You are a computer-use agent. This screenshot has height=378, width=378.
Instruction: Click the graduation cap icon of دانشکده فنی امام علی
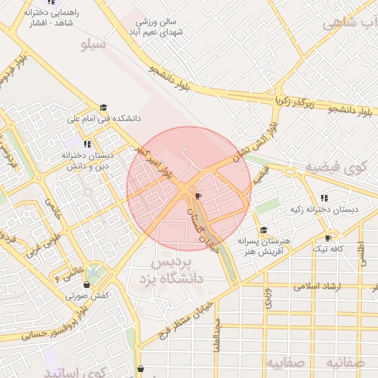pyautogui.click(x=104, y=108)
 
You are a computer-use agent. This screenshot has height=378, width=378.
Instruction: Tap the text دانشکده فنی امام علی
pyautogui.click(x=104, y=118)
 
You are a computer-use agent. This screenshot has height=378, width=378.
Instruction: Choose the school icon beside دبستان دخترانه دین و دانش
pyautogui.click(x=88, y=145)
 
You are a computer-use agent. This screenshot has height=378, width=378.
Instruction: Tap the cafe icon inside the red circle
pyautogui.click(x=198, y=196)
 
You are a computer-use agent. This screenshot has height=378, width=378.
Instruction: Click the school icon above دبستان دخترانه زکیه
pyautogui.click(x=324, y=198)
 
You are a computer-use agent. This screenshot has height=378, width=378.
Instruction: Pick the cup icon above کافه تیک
pyautogui.click(x=329, y=238)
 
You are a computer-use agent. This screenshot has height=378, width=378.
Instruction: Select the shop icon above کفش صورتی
pyautogui.click(x=87, y=285)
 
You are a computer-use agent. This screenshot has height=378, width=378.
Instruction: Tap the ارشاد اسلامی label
pyautogui.click(x=318, y=284)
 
